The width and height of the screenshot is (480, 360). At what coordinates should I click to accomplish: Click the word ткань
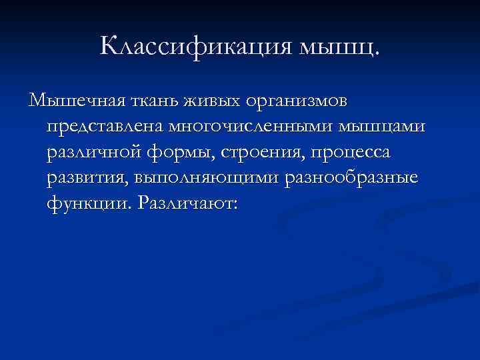[151, 101]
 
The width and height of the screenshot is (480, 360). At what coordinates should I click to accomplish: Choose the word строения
[256, 152]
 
